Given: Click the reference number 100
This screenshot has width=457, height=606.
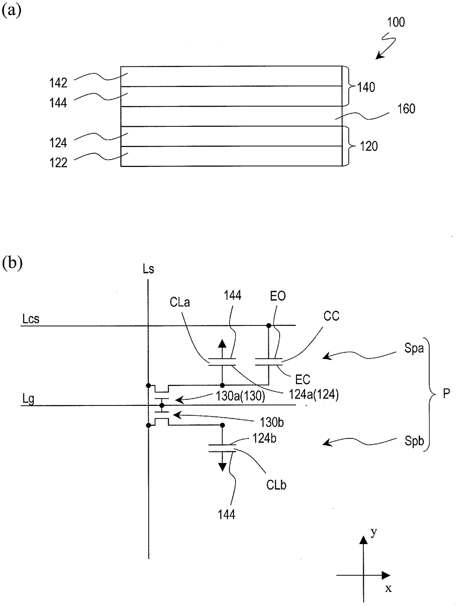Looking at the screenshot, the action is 396,22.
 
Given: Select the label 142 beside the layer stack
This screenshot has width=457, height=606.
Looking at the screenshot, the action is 58,83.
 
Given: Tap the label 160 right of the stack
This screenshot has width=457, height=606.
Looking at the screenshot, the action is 406,109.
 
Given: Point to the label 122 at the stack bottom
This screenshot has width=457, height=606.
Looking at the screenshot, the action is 58,163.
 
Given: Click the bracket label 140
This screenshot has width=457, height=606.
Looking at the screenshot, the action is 366,87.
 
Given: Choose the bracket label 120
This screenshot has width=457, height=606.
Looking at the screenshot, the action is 369,146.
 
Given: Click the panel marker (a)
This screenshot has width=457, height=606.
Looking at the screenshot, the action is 11,11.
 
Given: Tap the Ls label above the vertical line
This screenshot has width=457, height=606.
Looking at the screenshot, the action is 149,269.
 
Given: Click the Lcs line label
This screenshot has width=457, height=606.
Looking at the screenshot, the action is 31,319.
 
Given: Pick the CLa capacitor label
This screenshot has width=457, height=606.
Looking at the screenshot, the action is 179,302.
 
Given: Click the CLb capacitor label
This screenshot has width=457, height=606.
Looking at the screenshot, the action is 276,485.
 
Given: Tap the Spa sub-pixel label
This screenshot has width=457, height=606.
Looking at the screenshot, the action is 414,348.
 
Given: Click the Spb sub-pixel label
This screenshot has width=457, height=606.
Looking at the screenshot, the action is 414,441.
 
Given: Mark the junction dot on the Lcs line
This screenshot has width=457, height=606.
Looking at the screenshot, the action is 269,326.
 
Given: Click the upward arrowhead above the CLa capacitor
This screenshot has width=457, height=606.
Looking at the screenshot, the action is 222,343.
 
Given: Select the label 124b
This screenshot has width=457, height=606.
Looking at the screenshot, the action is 265,438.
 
